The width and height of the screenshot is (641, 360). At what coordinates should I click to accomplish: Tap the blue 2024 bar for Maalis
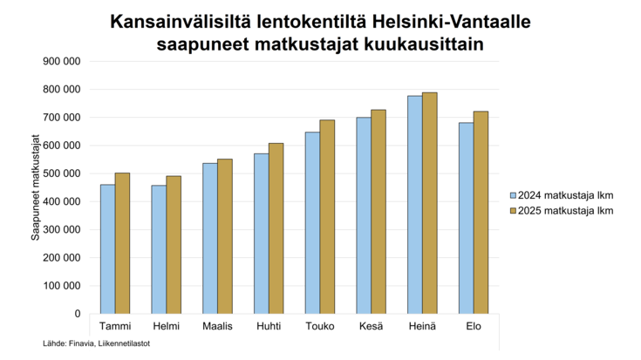tap(210, 238)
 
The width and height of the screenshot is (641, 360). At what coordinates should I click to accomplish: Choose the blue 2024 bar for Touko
tap(313, 222)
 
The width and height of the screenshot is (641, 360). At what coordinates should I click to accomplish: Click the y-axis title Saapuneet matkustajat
tap(37, 187)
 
